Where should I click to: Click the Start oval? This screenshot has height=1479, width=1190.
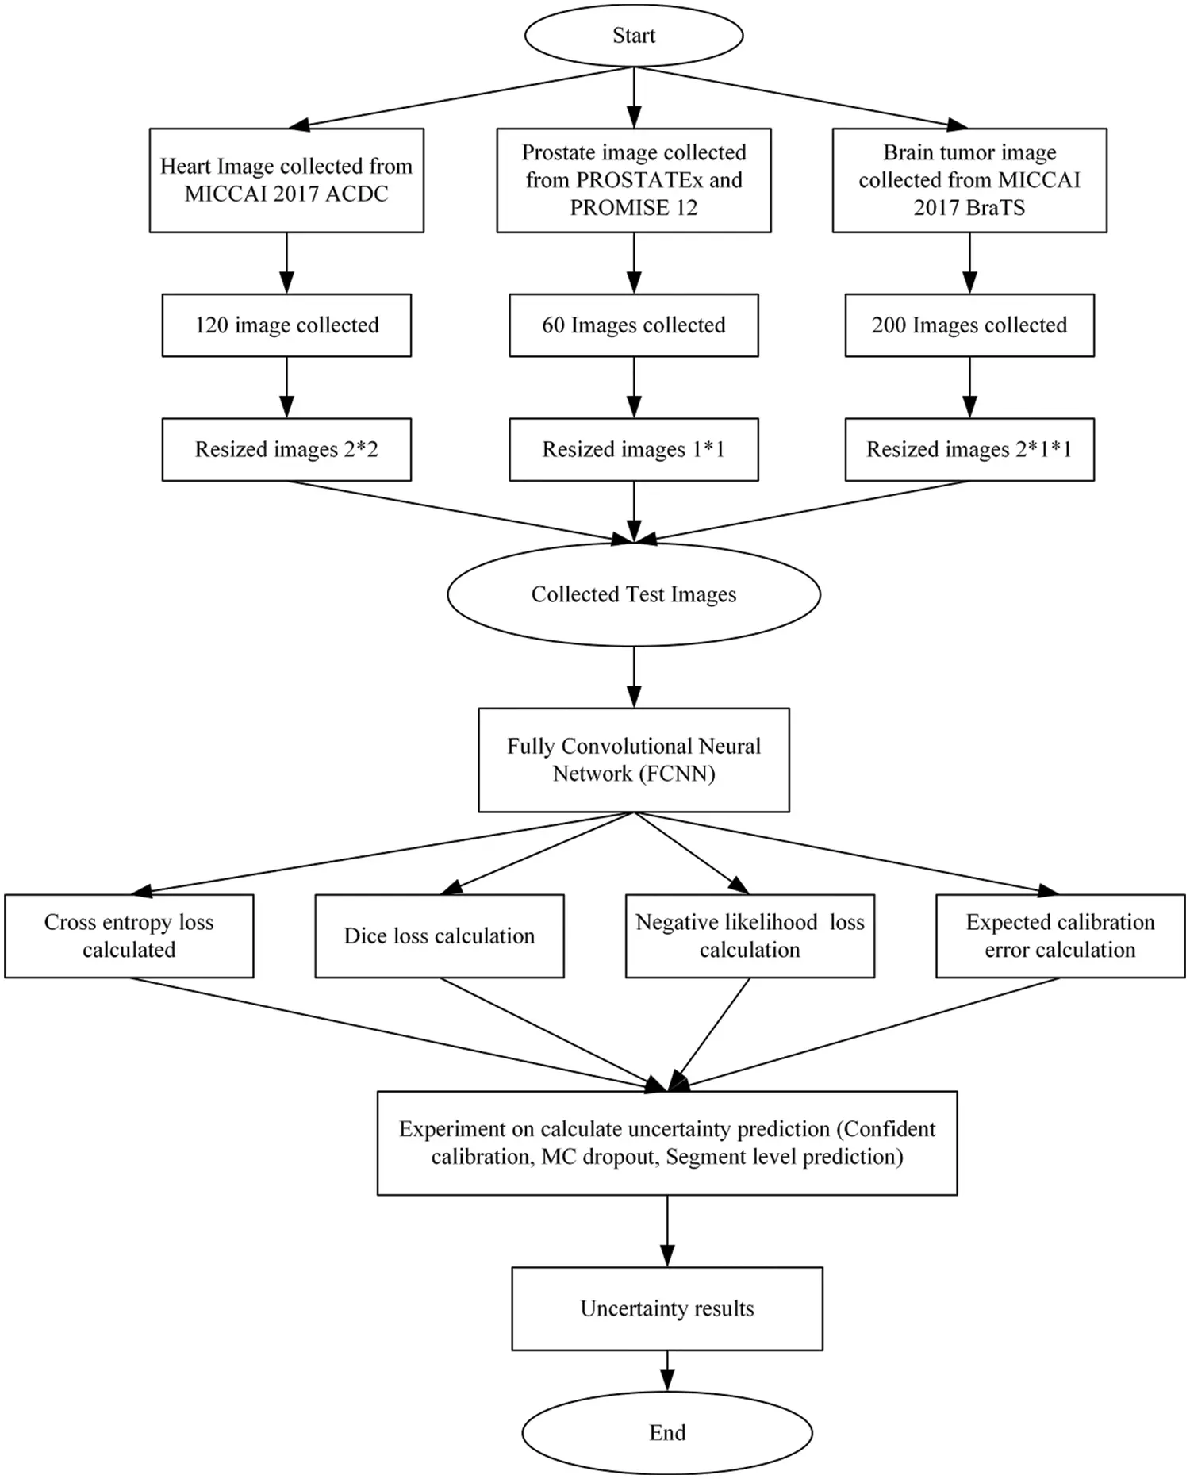633,36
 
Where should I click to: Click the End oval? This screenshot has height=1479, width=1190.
666,1432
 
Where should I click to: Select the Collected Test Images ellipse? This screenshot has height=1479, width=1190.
633,594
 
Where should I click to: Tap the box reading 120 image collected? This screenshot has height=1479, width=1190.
286,325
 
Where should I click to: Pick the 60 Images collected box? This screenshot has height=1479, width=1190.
633,325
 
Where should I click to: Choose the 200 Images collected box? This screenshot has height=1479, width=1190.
969,325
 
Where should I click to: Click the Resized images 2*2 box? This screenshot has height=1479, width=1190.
286,449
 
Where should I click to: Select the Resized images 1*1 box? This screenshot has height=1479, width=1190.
633,449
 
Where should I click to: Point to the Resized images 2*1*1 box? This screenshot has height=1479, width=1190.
969,449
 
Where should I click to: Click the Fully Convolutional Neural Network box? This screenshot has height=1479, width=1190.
633,759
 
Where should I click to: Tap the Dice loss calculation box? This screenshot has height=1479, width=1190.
439,935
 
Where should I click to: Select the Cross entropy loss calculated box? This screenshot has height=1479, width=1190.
129,935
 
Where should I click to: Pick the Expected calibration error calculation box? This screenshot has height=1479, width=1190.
1060,935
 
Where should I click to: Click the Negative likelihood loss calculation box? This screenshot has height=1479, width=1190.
750,935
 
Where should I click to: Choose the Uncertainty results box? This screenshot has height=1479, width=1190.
666,1308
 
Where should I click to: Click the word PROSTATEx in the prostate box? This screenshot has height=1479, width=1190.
639,180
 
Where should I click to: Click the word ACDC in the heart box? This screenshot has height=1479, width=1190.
356,194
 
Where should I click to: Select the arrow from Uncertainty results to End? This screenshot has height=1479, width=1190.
667,1371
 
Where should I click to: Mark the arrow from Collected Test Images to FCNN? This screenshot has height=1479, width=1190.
634,677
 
